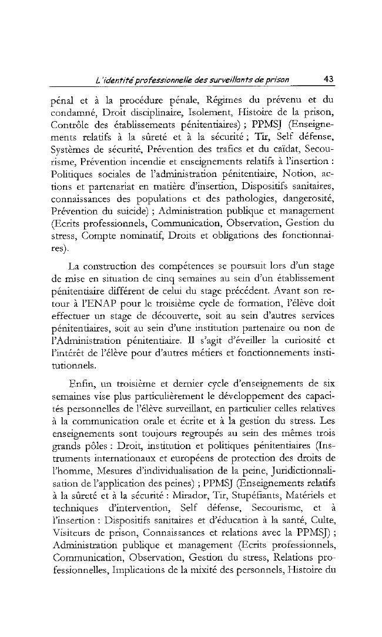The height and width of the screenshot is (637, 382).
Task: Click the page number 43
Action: tap(329, 81)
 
